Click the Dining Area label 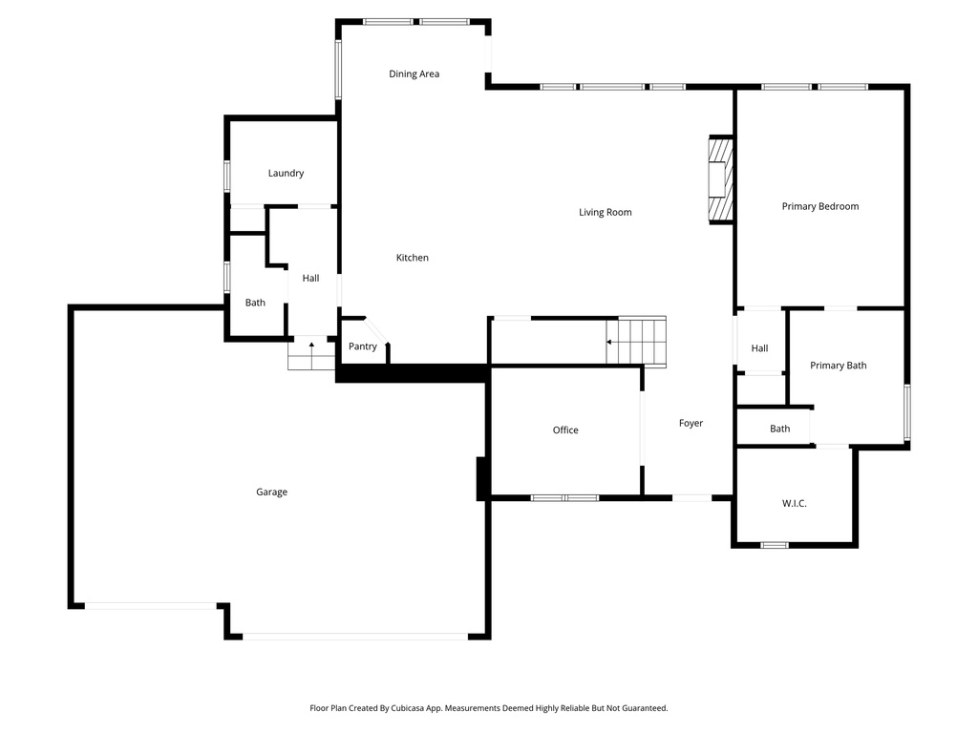click(414, 73)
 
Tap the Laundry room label click(286, 173)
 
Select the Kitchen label click(413, 258)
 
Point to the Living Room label click(605, 212)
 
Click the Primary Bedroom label click(819, 206)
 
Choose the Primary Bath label click(838, 366)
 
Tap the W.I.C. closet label click(794, 503)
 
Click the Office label click(565, 430)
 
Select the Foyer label click(691, 423)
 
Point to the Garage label click(271, 492)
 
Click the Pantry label click(362, 346)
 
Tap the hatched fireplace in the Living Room click(718, 179)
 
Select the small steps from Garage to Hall click(310, 353)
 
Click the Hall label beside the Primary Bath click(759, 348)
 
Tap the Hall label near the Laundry click(310, 278)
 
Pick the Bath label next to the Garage click(255, 303)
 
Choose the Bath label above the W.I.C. click(779, 429)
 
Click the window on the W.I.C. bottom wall click(774, 545)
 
